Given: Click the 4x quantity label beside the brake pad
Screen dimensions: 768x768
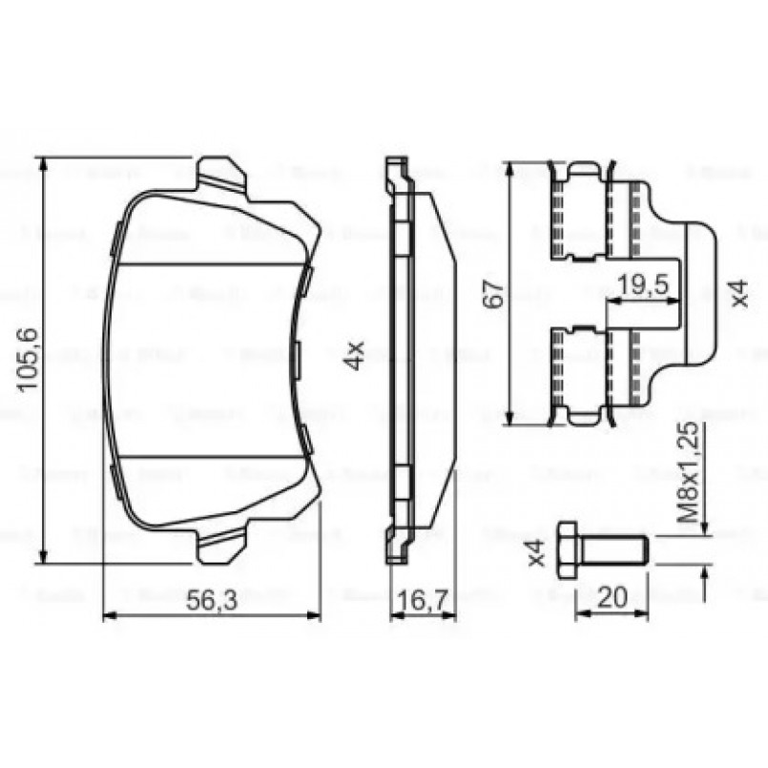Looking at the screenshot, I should [354, 357].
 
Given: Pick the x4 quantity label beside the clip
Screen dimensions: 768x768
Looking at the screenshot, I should [741, 293].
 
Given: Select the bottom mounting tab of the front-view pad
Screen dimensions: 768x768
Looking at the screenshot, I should [222, 544].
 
